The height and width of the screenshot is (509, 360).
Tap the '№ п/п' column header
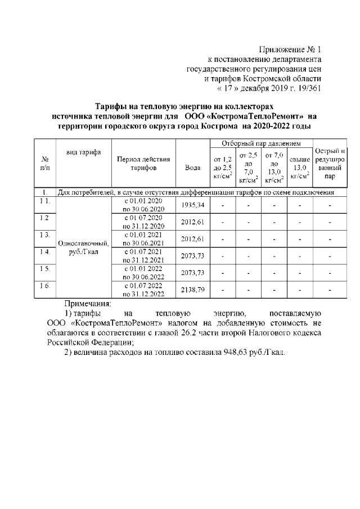[45, 163]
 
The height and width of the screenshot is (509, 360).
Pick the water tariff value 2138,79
[192, 290]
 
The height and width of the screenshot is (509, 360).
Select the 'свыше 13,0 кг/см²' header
[300, 168]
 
